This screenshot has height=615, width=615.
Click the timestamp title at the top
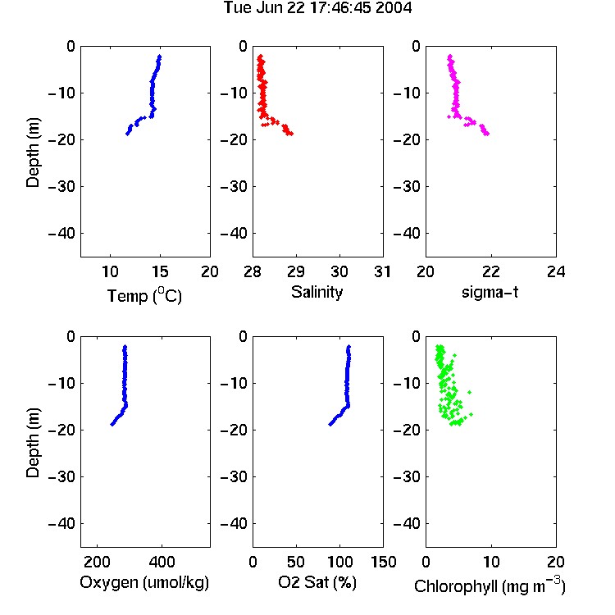pos(317,7)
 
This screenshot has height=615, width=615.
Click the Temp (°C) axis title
pos(144,295)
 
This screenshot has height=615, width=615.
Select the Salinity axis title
pos(317,292)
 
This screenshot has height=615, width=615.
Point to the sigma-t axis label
pos(490,292)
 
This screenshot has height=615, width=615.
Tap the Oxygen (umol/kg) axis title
pos(144,582)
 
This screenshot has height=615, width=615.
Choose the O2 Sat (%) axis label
pos(317,582)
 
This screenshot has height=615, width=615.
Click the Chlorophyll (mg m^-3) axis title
pos(490,585)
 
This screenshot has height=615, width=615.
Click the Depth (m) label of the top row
pos(33,153)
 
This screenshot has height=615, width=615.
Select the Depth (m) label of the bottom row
pos(33,443)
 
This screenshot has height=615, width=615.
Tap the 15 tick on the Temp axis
pos(160,271)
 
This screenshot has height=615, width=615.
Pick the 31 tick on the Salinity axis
pos(382,271)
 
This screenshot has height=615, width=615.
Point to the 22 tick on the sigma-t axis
pos(490,271)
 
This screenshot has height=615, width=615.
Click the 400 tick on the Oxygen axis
pos(162,562)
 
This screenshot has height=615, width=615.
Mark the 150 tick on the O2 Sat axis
pos(383,562)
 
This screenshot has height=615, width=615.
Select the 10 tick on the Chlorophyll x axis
pos(491,562)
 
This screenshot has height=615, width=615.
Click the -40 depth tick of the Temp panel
pos(61,234)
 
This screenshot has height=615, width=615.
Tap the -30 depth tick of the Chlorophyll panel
pos(407,477)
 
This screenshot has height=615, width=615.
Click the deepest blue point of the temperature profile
pos(127,134)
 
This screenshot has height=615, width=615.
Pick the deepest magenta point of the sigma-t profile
pos(487,134)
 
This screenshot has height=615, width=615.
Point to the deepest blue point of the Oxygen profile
pos(112,424)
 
